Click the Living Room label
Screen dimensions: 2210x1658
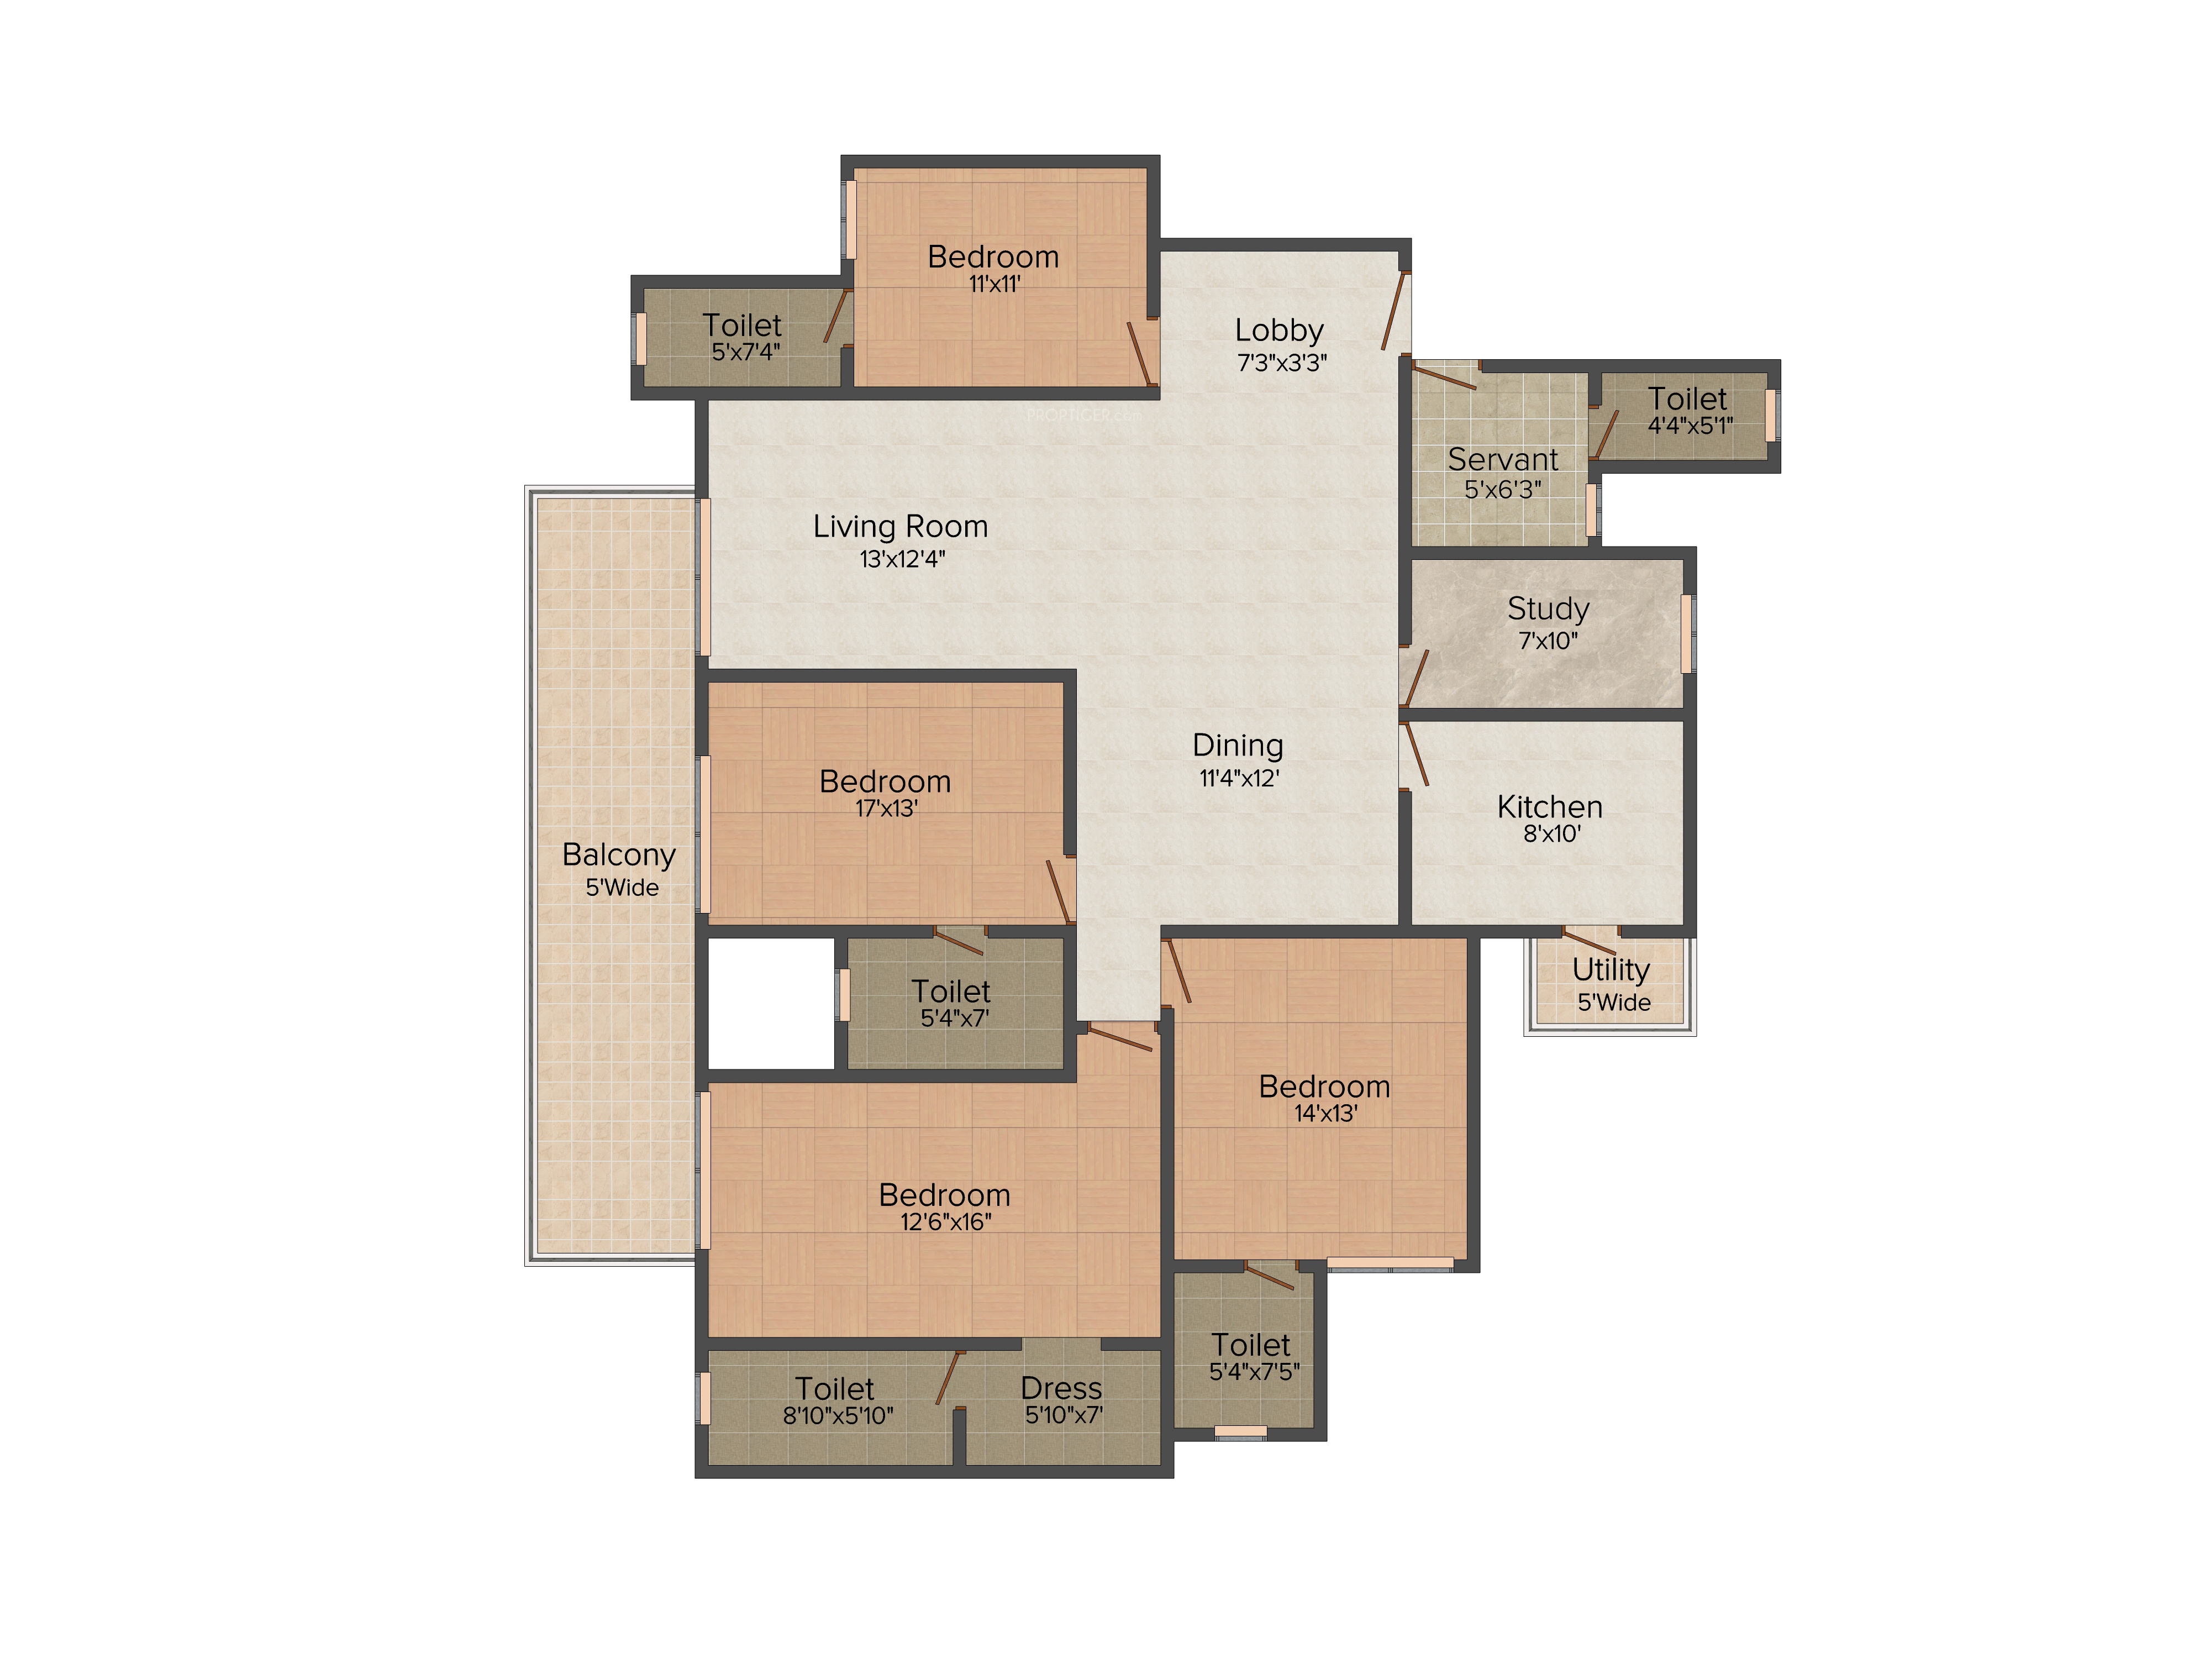coord(900,527)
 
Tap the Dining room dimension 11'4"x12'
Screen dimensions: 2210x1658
coord(1239,778)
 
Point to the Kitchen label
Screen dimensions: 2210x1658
coord(1550,806)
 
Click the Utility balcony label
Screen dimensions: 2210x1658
coord(1611,969)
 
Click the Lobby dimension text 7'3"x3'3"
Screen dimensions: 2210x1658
coord(1282,362)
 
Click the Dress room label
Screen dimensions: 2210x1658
coord(1061,1388)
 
